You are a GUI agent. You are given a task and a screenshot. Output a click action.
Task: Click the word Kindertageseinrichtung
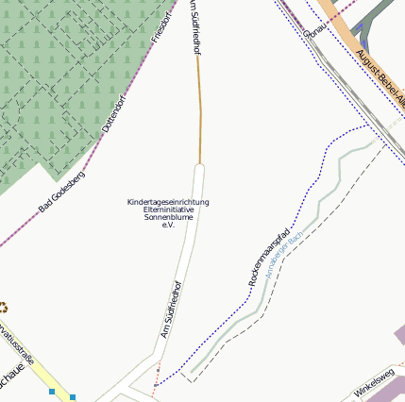168,202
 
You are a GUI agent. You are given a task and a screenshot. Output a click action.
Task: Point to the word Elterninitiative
168,209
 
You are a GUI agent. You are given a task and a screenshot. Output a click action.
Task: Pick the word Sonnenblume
168,217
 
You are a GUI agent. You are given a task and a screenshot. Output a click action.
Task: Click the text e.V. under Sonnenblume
168,225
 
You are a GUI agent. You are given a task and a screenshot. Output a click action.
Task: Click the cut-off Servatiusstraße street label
17,344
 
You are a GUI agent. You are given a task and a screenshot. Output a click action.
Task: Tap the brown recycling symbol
3,307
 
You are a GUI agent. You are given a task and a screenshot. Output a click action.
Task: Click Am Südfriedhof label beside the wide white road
170,310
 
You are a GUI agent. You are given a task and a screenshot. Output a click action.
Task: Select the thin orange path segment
199,113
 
